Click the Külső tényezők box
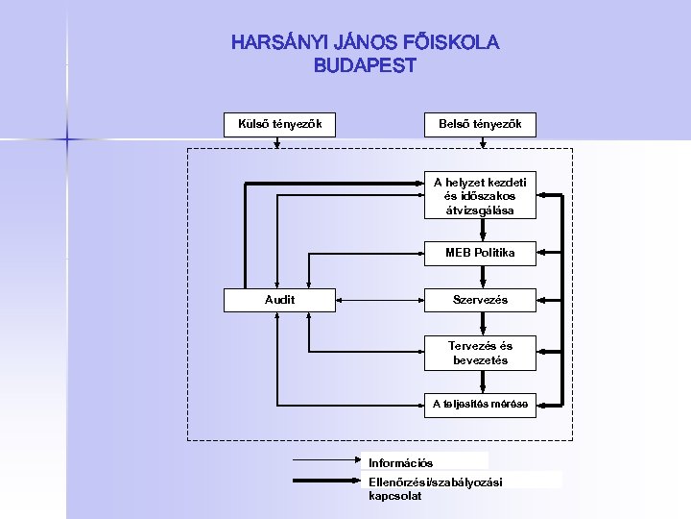click(279, 124)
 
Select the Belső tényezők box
click(480, 124)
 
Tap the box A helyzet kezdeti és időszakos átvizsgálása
click(480, 195)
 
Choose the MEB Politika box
click(480, 253)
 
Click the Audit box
click(279, 300)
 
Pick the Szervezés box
click(480, 300)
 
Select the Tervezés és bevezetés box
click(480, 353)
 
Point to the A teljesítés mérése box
click(480, 405)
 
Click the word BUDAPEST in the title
click(365, 66)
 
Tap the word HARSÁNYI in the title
click(278, 43)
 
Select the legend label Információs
click(401, 463)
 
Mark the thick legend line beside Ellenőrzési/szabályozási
click(326, 481)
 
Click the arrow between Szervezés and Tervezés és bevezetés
click(481, 323)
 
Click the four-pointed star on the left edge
click(67, 140)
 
